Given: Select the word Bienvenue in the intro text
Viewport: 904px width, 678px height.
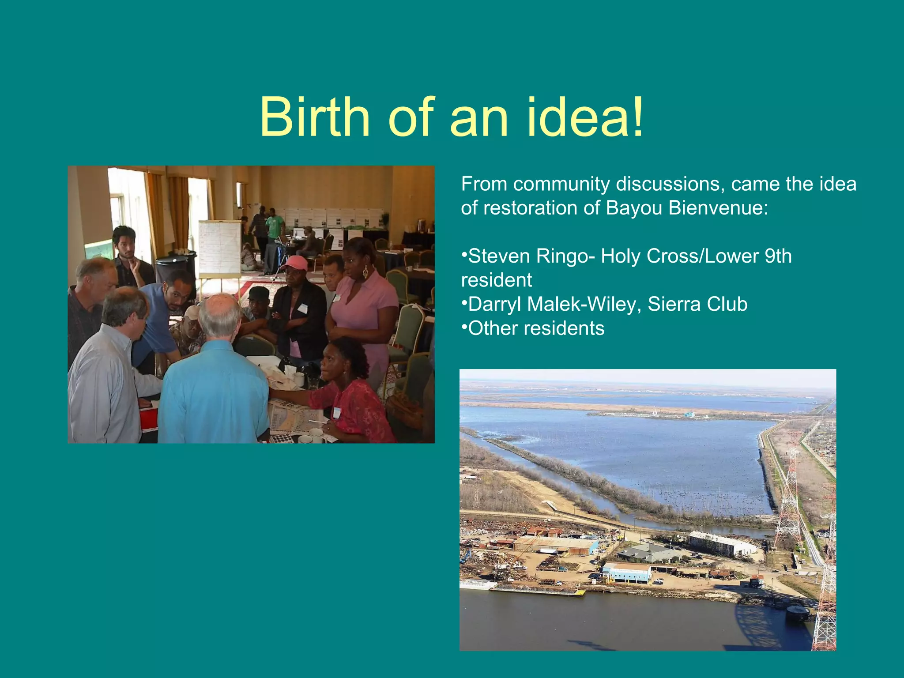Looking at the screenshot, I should point(718,208).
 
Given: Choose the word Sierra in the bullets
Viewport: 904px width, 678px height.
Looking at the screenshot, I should point(673,304).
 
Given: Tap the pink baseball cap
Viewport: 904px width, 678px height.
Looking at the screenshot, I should point(294,263).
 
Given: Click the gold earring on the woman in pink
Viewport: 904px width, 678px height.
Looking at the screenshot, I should point(365,272).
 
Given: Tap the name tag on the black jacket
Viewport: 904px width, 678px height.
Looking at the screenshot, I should point(302,308).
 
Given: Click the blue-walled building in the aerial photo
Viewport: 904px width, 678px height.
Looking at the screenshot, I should point(627,573).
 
